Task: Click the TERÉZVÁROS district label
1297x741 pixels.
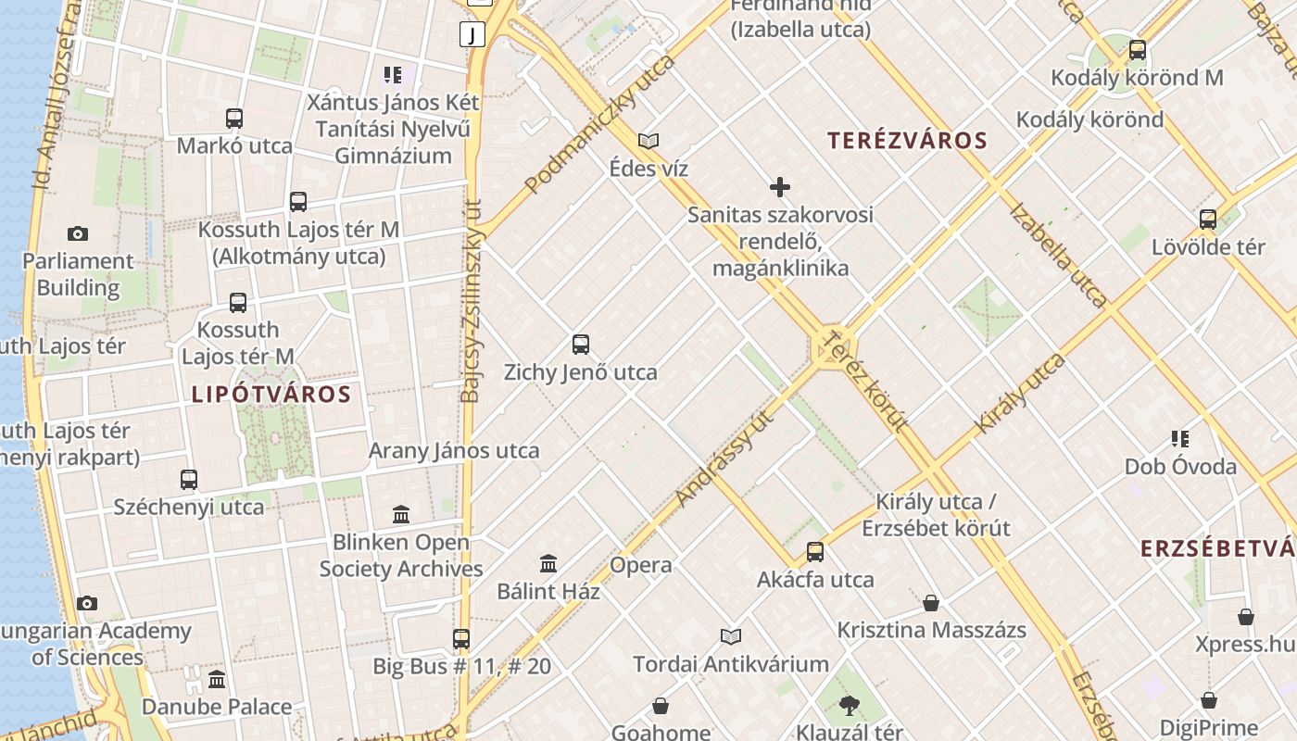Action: click(907, 141)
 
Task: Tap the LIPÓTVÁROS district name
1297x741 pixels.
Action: click(271, 395)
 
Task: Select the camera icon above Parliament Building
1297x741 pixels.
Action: click(78, 233)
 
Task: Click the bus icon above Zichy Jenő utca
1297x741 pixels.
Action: click(581, 345)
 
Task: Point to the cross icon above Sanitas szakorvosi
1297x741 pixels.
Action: click(780, 187)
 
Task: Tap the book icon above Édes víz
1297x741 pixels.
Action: click(648, 141)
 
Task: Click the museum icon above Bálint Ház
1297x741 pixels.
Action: click(548, 563)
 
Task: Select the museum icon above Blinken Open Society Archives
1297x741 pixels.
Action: click(401, 514)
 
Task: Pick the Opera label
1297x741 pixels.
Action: click(641, 565)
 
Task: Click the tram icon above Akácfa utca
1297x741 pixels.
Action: click(815, 552)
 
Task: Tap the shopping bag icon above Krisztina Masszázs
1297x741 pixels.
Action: click(931, 603)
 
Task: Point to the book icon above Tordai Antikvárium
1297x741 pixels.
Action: click(731, 636)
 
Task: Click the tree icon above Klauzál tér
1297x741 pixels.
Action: click(849, 706)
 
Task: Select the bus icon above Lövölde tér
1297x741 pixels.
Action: click(1208, 220)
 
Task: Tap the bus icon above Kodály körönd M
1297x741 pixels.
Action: click(1137, 50)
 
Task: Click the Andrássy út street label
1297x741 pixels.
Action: click(724, 458)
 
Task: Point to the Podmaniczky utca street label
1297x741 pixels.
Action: click(599, 124)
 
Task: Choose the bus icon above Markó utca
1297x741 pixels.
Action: click(234, 119)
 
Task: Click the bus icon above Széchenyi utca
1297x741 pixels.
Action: click(189, 479)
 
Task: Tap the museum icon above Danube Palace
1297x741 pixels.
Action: click(217, 679)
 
